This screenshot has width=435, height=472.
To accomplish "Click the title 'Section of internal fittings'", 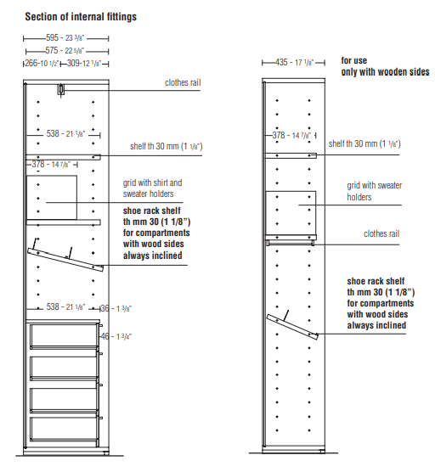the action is (81, 17).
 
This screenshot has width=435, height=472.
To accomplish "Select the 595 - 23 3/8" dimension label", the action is (65, 38).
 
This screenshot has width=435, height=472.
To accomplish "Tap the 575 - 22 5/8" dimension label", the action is (65, 50).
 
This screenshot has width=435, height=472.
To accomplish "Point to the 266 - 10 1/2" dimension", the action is (42, 63).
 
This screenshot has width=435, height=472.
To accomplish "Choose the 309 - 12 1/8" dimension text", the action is (84, 63).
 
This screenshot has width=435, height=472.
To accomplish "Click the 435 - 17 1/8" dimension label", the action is (294, 62).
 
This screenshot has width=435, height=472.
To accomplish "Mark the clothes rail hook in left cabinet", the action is (61, 90).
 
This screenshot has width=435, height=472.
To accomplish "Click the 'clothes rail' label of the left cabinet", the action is (183, 82).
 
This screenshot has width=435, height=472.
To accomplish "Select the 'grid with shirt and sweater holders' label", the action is (152, 188).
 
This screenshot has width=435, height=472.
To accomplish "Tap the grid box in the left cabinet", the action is (52, 198).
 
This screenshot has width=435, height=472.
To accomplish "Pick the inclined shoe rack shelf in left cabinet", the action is (65, 260).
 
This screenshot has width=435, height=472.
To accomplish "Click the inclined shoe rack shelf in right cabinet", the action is (292, 327).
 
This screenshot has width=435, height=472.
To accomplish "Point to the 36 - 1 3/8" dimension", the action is (116, 308).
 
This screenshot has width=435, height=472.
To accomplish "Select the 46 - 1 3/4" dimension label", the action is (116, 336).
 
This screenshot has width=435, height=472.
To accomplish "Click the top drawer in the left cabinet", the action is (64, 336).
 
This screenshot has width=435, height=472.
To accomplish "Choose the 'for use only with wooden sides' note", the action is (385, 66).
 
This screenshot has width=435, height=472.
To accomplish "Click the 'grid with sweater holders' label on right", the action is (375, 191).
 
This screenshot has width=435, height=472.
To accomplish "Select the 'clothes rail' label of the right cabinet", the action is (381, 233).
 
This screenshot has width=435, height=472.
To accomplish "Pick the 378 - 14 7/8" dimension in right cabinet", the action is (291, 136).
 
